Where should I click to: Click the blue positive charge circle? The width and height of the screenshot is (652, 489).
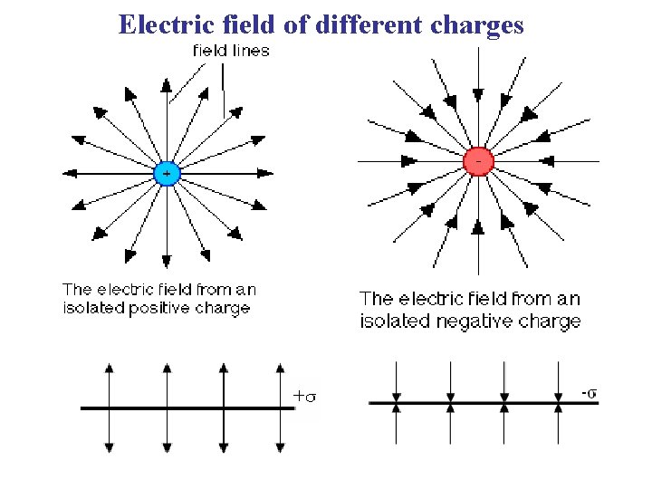[x=166, y=174]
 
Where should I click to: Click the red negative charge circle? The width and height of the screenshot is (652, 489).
[x=478, y=161]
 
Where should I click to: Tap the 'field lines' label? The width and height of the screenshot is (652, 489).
[x=231, y=51]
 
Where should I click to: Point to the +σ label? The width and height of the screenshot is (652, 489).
[x=305, y=395]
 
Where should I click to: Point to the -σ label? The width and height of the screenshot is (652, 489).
[x=589, y=392]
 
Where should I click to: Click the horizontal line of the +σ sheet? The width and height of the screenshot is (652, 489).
[x=181, y=408]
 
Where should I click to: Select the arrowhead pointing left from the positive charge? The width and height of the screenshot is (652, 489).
[x=69, y=173]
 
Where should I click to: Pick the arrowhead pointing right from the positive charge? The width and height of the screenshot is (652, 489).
[x=264, y=173]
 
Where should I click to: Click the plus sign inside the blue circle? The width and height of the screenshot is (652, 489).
[x=166, y=172]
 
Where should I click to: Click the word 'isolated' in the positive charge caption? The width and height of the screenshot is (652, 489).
[x=91, y=308]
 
